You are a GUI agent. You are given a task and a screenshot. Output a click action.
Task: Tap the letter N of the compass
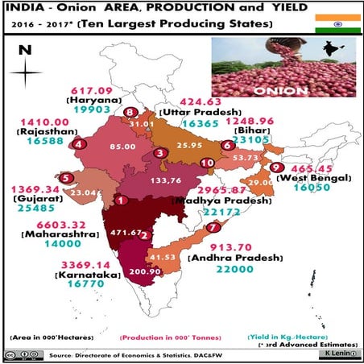(x=25, y=50)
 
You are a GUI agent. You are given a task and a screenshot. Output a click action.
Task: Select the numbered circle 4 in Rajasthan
(x=78, y=144)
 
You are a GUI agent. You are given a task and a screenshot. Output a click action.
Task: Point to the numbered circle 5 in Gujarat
(x=65, y=178)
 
